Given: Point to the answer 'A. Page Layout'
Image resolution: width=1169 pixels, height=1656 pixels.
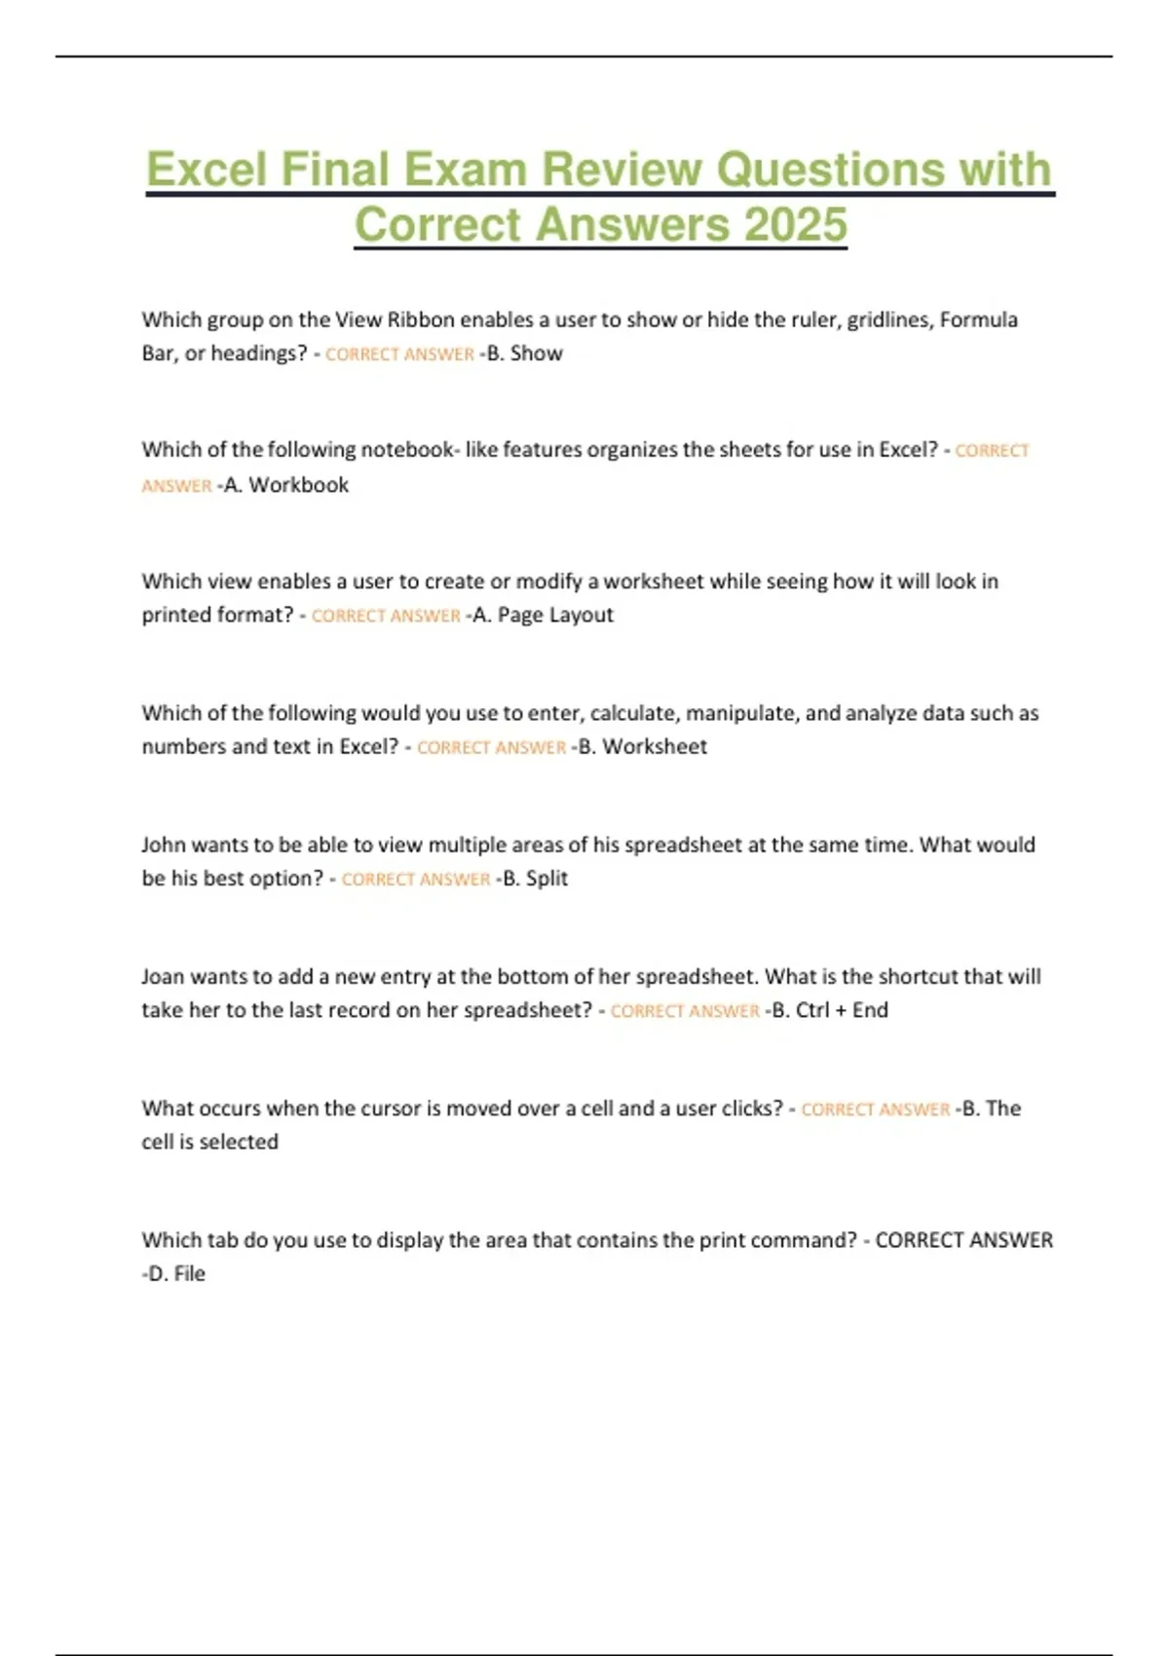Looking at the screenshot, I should point(544,616).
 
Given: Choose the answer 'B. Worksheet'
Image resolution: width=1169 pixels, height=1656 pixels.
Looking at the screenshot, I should point(644,747).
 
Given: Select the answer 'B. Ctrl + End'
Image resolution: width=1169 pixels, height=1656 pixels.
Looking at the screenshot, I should point(831,1010).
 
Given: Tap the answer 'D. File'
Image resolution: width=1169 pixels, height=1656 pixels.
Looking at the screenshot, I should point(176,1274).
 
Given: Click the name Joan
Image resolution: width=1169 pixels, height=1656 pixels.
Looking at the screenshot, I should point(164,976).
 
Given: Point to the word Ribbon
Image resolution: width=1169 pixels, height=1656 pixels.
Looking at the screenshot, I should point(421,320).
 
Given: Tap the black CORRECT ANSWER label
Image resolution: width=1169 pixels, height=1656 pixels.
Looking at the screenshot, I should point(963,1240).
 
